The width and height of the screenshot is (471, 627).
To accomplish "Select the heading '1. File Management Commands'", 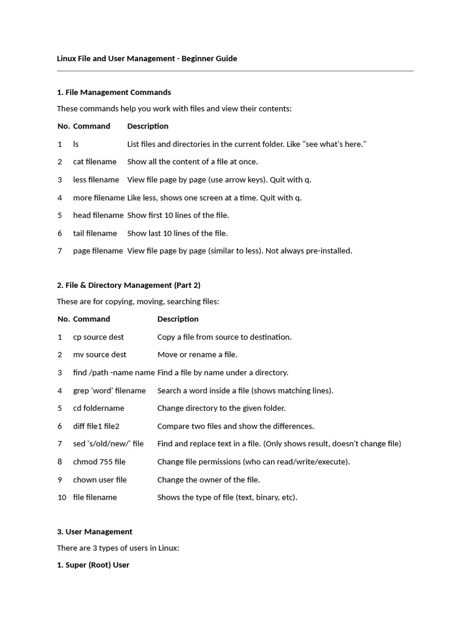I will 113,92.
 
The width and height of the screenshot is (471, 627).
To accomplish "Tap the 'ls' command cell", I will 76,145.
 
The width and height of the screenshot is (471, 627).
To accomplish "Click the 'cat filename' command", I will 94,162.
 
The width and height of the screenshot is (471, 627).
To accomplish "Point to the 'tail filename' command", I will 94,233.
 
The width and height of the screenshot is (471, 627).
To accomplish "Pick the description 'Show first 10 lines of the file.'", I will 178,216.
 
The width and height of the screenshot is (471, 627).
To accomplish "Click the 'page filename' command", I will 98,251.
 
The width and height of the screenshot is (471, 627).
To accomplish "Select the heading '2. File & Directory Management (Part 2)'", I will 128,285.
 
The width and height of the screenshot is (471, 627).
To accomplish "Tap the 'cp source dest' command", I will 98,337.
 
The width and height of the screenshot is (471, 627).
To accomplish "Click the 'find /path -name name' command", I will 113,373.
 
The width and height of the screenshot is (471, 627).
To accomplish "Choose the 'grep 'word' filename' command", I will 109,391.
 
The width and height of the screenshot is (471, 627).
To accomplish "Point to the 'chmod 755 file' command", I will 99,462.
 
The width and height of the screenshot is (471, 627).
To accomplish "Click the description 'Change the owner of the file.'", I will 209,480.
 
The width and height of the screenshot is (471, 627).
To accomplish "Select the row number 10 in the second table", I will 61,498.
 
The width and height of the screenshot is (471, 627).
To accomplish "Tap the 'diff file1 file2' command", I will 96,426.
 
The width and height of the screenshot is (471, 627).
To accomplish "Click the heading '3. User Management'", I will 94,532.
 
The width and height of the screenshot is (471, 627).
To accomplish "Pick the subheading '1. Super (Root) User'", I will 93,565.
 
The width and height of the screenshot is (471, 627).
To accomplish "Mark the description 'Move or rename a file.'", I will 197,355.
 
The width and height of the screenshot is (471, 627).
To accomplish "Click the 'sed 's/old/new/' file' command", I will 108,444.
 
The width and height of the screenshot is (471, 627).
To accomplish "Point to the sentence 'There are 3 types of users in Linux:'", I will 118,549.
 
